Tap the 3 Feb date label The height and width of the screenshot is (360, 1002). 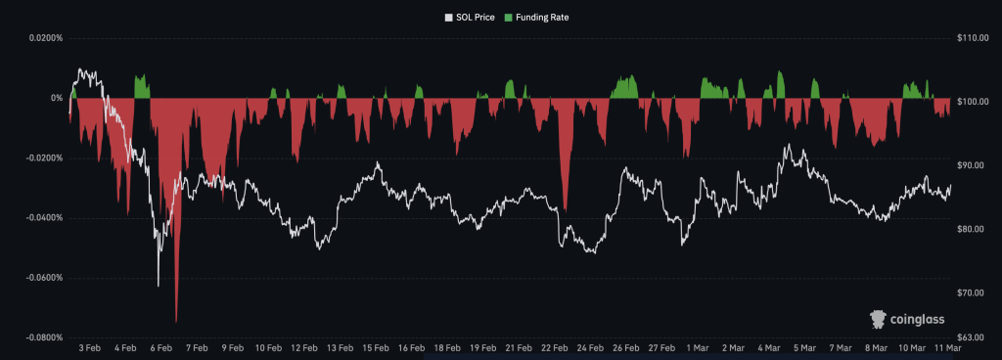(90, 347)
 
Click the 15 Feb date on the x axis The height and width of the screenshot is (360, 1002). (375, 347)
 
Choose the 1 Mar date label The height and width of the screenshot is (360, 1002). (699, 347)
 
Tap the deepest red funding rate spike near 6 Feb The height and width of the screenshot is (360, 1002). (176, 320)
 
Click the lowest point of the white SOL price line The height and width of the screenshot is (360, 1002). (159, 286)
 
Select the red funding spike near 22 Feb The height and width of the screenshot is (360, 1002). (565, 207)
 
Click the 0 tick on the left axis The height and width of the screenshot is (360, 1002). (58, 98)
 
